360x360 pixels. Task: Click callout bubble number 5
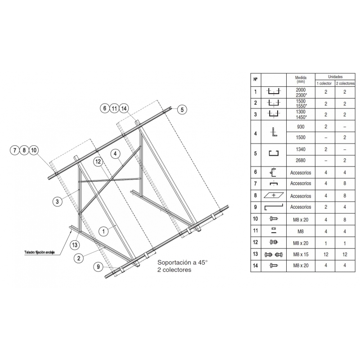tap(182, 109)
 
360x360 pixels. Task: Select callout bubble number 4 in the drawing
tap(115, 153)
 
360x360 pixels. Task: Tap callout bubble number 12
tap(98, 162)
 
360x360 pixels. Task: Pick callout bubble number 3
tap(57, 202)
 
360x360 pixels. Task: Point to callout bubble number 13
tap(75, 245)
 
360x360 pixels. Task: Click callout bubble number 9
tap(98, 266)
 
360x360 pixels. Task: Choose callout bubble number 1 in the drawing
tap(103, 231)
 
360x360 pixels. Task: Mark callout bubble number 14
tap(124, 108)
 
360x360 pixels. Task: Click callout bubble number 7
tap(15, 150)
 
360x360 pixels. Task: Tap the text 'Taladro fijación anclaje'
tap(40, 252)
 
